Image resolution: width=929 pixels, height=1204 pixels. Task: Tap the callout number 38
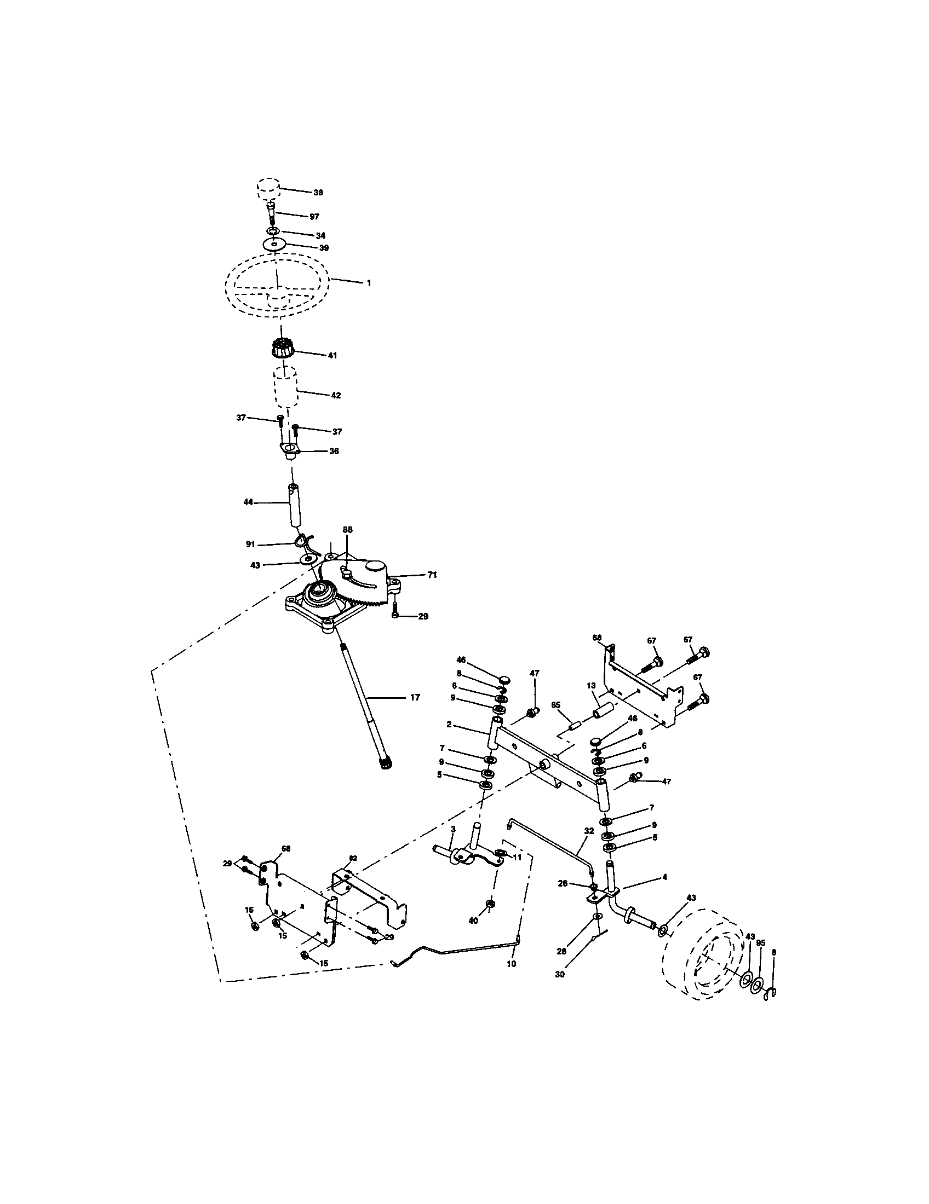(x=318, y=193)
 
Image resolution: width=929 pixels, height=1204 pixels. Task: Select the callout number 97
(x=314, y=217)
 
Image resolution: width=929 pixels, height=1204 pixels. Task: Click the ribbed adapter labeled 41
(x=283, y=350)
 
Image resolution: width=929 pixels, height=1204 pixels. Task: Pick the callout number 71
(x=432, y=575)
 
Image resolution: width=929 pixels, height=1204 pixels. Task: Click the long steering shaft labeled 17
(x=362, y=700)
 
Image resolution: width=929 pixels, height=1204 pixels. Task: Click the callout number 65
(x=555, y=705)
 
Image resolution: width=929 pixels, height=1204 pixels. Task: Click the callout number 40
(x=473, y=921)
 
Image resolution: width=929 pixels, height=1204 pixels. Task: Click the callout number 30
(x=560, y=974)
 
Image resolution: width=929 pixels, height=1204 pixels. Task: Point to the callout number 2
(x=449, y=725)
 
